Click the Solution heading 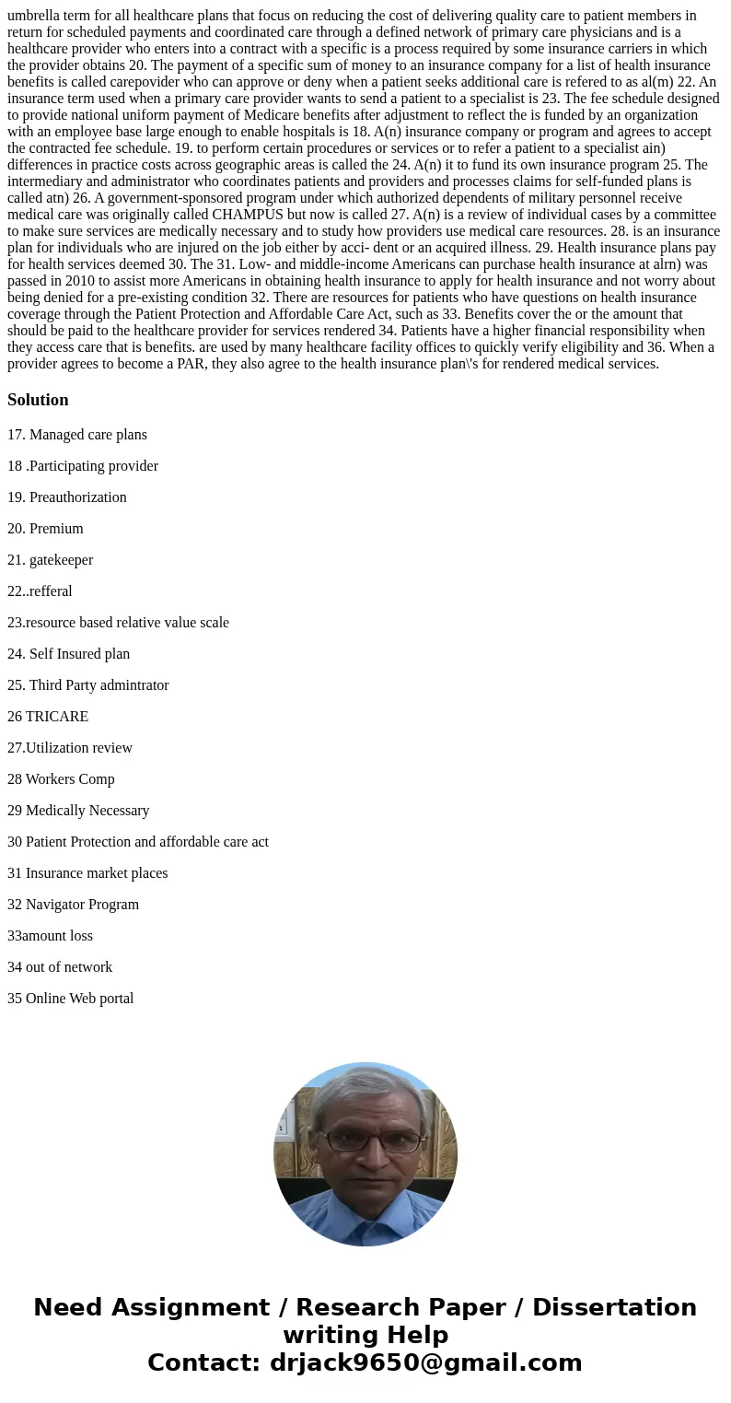(x=38, y=400)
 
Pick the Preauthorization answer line (x=67, y=497)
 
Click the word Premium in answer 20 (x=56, y=529)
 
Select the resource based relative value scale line (x=118, y=623)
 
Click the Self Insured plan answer (x=69, y=654)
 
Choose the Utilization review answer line (x=70, y=748)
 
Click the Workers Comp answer (x=61, y=779)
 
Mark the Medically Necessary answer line (x=78, y=811)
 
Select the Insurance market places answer (x=87, y=873)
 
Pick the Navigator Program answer (x=73, y=905)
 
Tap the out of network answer (x=60, y=967)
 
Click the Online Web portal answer (x=70, y=999)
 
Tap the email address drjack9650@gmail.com (x=425, y=1363)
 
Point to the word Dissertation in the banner (x=614, y=1308)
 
